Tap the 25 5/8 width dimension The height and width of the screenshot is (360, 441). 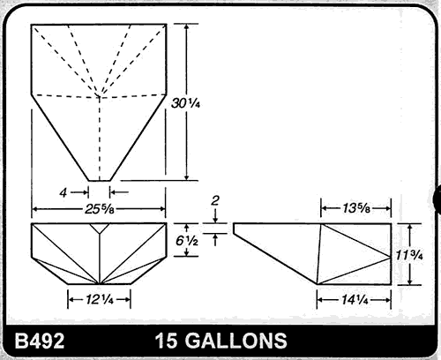point(100,209)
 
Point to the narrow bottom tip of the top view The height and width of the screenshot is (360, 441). point(100,179)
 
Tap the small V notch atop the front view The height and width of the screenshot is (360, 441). point(100,228)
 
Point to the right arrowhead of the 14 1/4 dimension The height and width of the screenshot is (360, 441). point(386,296)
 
